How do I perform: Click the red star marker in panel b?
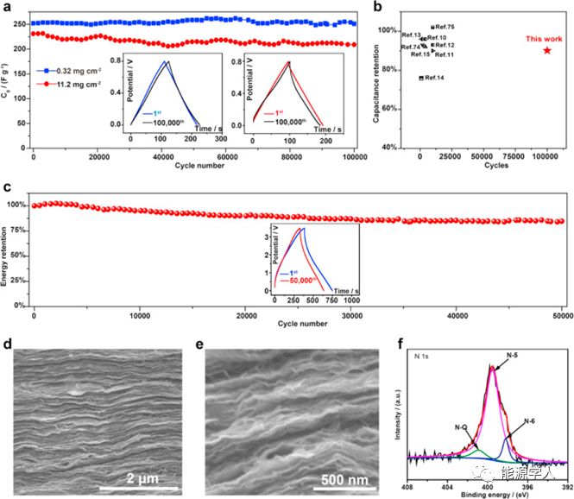coord(546,50)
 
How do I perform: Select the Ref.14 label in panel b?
coord(434,79)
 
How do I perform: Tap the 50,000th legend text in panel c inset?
coord(300,281)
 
